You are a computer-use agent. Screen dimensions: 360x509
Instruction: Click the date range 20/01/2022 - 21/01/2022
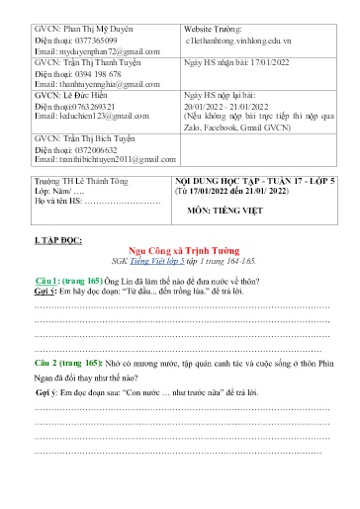(230, 106)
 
